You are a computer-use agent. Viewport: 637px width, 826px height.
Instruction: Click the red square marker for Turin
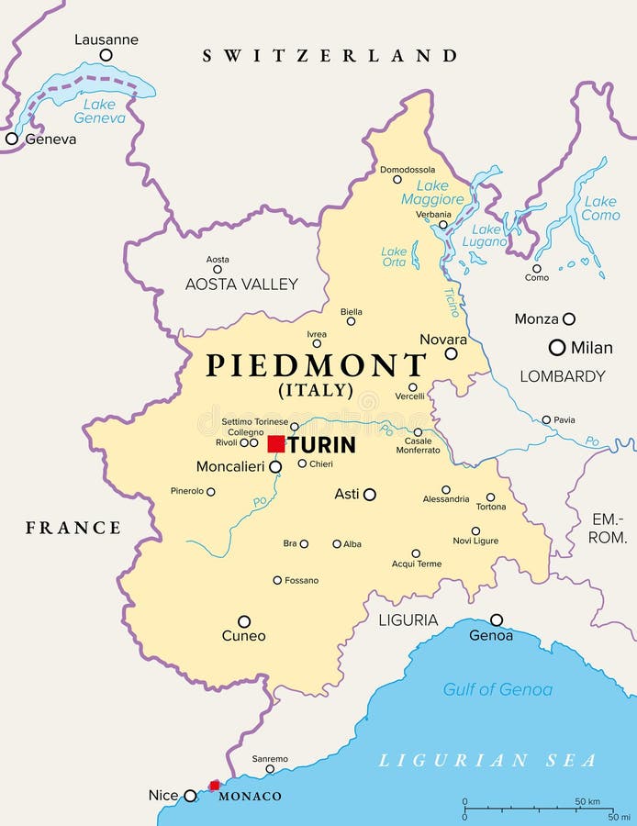coord(275,444)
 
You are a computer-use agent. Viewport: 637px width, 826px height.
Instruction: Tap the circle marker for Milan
coord(556,347)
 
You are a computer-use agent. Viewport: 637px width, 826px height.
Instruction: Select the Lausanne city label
coord(106,39)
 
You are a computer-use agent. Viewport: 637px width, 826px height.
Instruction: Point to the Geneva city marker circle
coord(11,139)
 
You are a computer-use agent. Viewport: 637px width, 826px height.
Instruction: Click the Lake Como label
coord(600,208)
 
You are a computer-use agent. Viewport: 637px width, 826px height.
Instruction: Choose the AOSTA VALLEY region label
coord(241,284)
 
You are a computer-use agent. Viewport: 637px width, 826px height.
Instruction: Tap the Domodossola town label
coord(408,170)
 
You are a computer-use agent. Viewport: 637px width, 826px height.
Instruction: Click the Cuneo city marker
coord(244,621)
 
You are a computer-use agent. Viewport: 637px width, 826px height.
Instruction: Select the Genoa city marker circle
coord(497,619)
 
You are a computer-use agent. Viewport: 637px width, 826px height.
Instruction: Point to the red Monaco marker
coord(215,785)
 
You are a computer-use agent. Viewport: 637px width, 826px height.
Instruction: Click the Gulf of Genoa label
coord(497,689)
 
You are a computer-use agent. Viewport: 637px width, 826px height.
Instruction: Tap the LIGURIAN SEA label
coord(487,760)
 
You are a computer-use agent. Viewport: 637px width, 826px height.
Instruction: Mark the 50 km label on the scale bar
coord(587,801)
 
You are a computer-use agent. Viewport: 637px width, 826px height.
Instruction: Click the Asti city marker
coord(370,494)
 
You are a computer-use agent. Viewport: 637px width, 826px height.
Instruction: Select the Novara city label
coord(443,339)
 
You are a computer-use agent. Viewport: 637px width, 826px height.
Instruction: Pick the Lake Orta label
coord(394,256)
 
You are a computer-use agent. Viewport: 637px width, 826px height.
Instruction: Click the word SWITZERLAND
coord(330,56)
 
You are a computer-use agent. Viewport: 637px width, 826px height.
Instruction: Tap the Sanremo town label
coord(270,759)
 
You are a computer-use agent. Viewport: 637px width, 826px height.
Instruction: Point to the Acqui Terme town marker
coord(416,553)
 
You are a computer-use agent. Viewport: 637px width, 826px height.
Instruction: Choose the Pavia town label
coord(564,419)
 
